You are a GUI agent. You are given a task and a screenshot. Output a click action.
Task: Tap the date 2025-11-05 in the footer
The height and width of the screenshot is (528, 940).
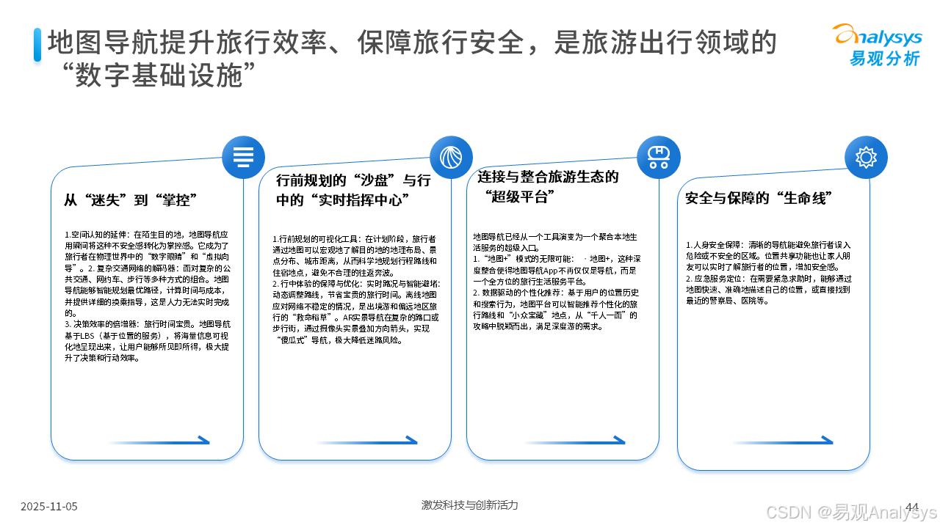[49, 506]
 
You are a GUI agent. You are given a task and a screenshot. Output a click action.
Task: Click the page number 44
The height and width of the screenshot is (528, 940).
[913, 507]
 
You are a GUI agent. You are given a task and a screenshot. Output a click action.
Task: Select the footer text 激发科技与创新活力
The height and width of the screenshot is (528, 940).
[469, 505]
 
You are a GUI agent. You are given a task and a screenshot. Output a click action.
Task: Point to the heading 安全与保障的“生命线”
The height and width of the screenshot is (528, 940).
[758, 199]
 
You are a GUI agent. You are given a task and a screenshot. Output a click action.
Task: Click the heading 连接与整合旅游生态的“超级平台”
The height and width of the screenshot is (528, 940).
[548, 186]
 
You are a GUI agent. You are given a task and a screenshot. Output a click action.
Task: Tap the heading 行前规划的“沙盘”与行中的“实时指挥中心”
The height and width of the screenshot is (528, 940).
[353, 190]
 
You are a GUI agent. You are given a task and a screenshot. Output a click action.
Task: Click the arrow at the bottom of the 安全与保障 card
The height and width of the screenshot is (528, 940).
[782, 441]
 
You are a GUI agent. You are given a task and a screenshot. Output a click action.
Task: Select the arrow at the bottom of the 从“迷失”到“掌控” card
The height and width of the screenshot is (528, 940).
[158, 441]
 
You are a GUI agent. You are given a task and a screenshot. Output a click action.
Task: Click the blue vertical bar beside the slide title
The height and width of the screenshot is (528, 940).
[37, 45]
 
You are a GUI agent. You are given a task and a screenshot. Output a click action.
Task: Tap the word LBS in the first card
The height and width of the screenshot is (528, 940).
[87, 335]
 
